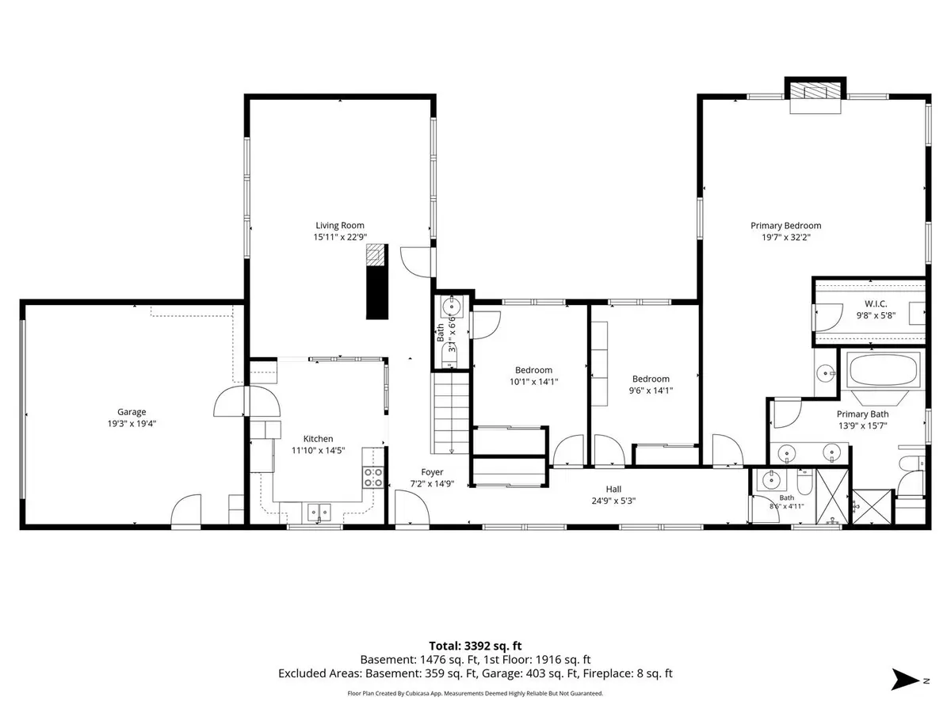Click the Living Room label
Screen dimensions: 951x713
[x=340, y=225]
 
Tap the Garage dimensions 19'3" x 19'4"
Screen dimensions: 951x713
[x=132, y=423]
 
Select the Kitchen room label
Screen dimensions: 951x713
[x=318, y=439]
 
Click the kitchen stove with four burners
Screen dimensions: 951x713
[x=373, y=477]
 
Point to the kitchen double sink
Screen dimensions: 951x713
[x=319, y=513]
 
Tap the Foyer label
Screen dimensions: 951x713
[x=432, y=472]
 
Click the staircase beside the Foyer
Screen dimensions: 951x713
[x=451, y=413]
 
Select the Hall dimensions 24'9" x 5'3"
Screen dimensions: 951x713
[x=613, y=501]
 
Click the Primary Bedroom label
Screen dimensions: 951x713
[x=785, y=226]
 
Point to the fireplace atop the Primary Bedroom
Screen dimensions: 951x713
[x=815, y=92]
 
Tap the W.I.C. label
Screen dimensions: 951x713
[x=876, y=304]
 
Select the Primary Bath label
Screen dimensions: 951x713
[x=862, y=414]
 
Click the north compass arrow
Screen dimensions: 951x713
[x=905, y=680]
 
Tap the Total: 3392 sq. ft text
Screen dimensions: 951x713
[x=475, y=646]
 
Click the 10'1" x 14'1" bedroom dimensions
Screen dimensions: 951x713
[x=534, y=381]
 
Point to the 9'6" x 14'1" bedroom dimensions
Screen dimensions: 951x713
[x=651, y=390]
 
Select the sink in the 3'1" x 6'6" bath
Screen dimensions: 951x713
[x=452, y=307]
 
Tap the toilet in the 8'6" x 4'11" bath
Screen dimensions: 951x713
[x=804, y=482]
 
